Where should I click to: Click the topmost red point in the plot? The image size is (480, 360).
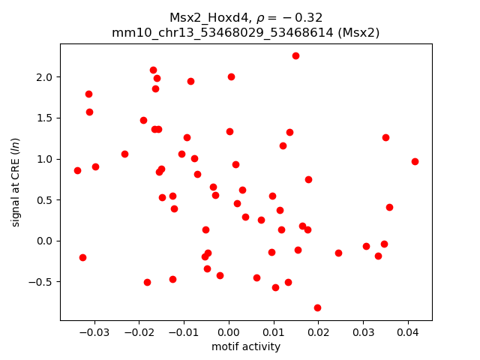295,55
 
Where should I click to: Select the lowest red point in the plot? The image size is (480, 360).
317,307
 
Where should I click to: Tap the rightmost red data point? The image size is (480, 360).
415,161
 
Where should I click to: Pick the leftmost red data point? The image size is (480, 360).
77,170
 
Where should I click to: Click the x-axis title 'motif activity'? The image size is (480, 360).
246,346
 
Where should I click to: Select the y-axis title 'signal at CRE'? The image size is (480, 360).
16,187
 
